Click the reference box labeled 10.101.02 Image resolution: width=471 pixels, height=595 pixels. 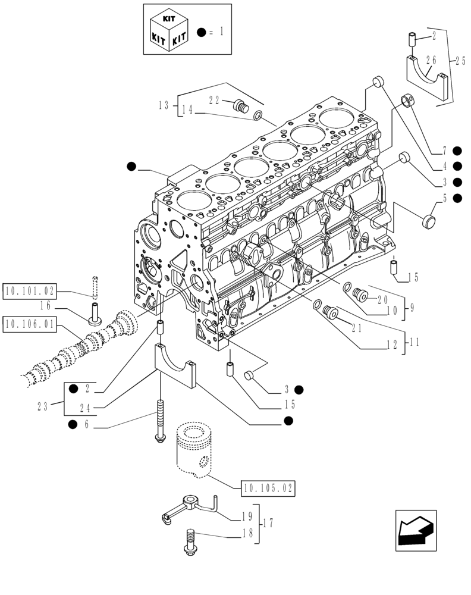[x=29, y=292]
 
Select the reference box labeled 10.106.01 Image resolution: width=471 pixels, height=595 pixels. [x=29, y=324]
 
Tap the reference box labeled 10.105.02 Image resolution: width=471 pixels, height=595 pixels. [x=268, y=488]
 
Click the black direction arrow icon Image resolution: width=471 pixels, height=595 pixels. [x=415, y=530]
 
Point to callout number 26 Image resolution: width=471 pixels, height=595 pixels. [x=431, y=59]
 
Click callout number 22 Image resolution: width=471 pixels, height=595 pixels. [x=215, y=100]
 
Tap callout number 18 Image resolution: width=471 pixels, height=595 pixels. [x=247, y=534]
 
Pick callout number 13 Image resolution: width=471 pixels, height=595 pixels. [x=164, y=105]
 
